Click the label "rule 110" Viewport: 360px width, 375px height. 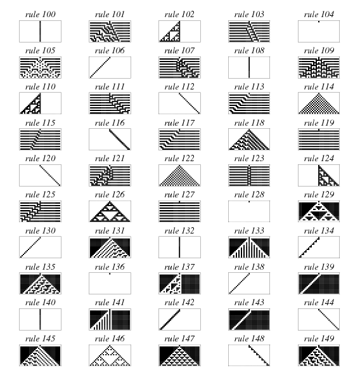pyautogui.click(x=41, y=86)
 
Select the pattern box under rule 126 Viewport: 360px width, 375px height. pyautogui.click(x=110, y=211)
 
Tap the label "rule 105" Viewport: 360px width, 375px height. pyautogui.click(x=41, y=50)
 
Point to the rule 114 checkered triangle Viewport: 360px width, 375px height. pyautogui.click(x=319, y=103)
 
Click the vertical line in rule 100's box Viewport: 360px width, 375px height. pyautogui.click(x=40, y=31)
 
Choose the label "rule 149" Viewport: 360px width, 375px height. pyautogui.click(x=319, y=338)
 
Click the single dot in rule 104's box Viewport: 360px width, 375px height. pyautogui.click(x=319, y=22)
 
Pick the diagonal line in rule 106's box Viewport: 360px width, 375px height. pyautogui.click(x=100, y=67)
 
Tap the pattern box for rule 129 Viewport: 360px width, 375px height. pyautogui.click(x=319, y=211)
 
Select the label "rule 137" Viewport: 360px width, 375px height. pyautogui.click(x=179, y=266)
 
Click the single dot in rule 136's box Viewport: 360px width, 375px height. pyautogui.click(x=110, y=273)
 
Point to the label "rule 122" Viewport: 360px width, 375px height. pyautogui.click(x=179, y=158)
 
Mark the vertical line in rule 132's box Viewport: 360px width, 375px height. pyautogui.click(x=179, y=247)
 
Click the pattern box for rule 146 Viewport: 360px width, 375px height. pyautogui.click(x=110, y=355)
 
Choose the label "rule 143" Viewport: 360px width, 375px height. pyautogui.click(x=249, y=302)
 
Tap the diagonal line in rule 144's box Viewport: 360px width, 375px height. pyautogui.click(x=329, y=319)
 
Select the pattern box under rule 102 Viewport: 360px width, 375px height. pyautogui.click(x=179, y=31)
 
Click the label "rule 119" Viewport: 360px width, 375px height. pyautogui.click(x=319, y=122)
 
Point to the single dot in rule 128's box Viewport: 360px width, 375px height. pyautogui.click(x=249, y=202)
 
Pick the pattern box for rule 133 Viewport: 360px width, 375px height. pyautogui.click(x=249, y=247)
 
